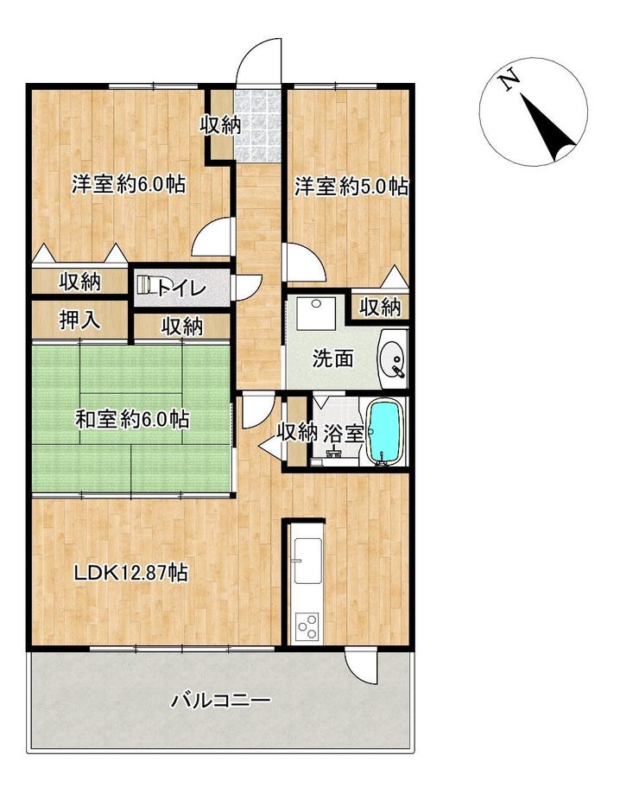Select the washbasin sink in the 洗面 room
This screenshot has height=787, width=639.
395,359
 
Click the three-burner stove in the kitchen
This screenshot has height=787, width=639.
307,626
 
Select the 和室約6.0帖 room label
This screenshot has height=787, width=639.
132,419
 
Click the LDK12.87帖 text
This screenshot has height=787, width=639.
131,572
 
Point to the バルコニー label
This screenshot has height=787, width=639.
221,699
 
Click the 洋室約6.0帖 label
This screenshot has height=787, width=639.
129,184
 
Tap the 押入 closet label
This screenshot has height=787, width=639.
79,320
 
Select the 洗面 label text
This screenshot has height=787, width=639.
332,359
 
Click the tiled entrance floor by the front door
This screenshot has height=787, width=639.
258,125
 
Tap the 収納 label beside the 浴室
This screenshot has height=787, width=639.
297,432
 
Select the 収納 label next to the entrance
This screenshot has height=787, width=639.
221,124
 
